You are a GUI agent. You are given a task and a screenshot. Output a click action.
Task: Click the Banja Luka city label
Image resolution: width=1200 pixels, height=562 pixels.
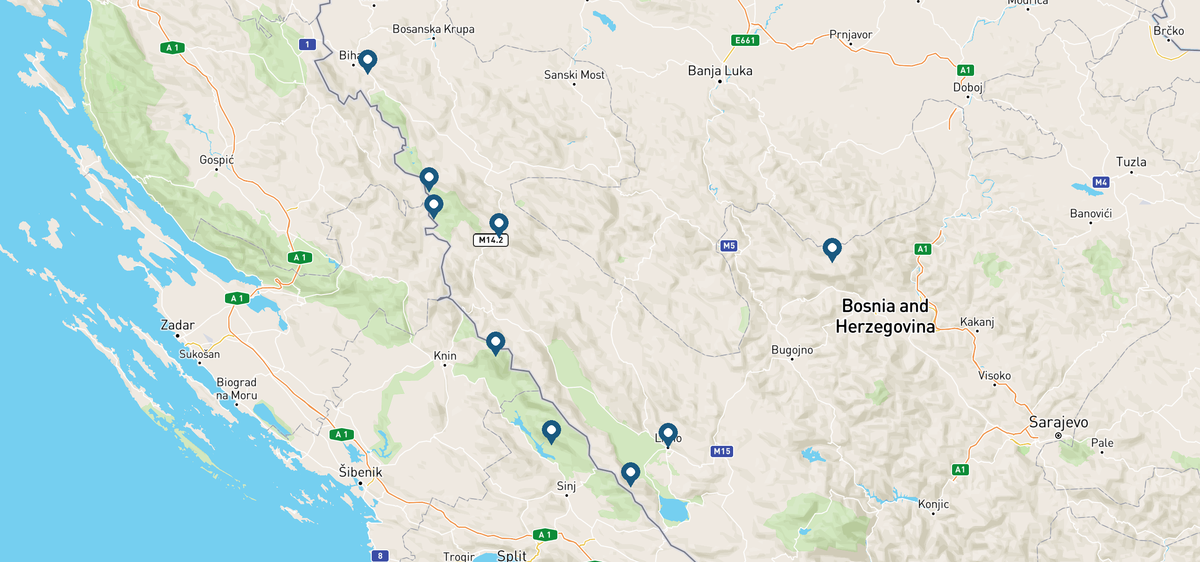click(x=720, y=71)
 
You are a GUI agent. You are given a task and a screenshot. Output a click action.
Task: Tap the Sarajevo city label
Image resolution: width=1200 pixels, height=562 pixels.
click(x=1058, y=422)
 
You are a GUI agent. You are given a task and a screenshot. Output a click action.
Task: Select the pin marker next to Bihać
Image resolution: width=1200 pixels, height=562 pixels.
click(x=367, y=61)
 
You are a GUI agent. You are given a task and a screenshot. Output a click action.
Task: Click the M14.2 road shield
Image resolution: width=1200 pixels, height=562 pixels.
click(x=490, y=240)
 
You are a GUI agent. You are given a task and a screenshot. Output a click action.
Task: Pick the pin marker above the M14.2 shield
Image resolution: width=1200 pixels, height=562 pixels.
click(x=499, y=224)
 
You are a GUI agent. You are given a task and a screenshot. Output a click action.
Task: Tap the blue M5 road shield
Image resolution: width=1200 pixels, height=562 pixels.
click(x=728, y=245)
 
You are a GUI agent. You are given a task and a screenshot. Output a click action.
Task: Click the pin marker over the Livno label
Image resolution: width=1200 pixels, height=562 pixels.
click(x=668, y=434)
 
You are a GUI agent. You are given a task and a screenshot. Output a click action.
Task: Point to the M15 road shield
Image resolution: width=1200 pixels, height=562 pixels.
click(x=722, y=451)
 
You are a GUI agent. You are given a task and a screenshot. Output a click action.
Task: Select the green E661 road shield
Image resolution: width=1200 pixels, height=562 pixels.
click(x=745, y=40)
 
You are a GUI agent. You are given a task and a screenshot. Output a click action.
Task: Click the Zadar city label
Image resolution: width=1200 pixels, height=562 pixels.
click(x=177, y=325)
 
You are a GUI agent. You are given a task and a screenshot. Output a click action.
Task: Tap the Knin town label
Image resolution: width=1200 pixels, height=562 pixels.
click(x=445, y=356)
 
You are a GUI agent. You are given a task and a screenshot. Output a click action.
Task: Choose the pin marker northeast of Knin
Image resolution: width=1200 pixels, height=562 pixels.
click(x=495, y=342)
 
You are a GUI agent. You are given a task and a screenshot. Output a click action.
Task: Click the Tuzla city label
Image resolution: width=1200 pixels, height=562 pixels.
click(x=1131, y=162)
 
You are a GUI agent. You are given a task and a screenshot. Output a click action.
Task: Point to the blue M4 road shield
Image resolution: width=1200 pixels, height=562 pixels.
click(x=1101, y=182)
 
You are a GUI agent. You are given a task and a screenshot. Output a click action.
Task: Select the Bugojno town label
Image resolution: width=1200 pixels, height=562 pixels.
click(x=792, y=350)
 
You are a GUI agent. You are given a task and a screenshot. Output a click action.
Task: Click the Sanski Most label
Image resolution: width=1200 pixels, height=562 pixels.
click(x=574, y=75)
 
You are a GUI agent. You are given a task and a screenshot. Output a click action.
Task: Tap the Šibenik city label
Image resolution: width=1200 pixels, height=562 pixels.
click(x=360, y=472)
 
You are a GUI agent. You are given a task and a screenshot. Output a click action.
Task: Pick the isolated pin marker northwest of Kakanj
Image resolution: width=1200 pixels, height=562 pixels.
click(x=832, y=249)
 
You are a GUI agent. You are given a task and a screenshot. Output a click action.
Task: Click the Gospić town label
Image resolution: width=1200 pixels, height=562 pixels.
click(x=217, y=160)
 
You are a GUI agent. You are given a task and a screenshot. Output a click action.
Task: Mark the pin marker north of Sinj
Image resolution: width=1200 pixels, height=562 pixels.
click(x=551, y=431)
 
